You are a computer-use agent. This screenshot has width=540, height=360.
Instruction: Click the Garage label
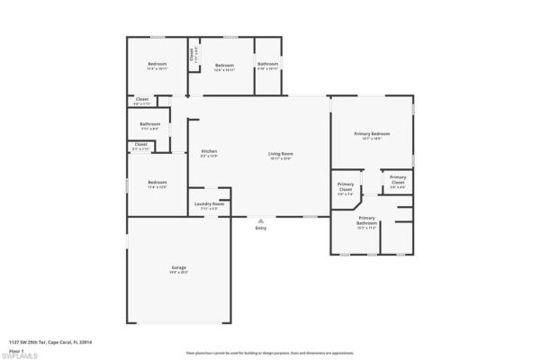178,268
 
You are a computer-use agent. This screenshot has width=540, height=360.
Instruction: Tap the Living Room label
281,153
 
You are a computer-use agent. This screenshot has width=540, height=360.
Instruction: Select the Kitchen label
209,151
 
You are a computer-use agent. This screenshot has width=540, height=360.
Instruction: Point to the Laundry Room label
209,203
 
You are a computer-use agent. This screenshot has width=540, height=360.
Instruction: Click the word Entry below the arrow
261,229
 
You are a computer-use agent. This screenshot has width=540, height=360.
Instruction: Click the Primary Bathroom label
366,218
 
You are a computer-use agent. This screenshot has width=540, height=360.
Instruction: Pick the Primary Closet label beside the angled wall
345,188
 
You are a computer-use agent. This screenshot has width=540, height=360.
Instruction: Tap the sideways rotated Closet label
192,54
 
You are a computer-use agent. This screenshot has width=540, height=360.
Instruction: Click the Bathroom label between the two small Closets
149,123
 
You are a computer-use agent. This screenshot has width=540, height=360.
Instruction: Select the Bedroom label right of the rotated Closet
224,65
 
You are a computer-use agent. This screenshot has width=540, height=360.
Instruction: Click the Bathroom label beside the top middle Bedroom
267,64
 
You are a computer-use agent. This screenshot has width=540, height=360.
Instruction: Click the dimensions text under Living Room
281,158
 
